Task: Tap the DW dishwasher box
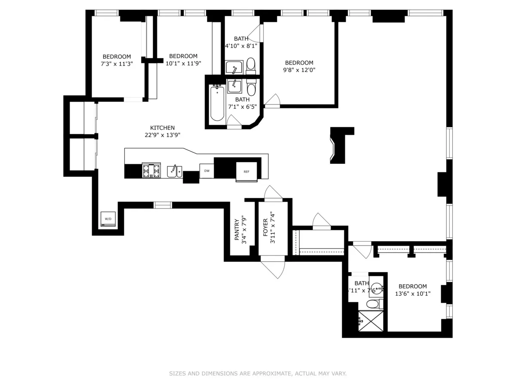coord(207,171)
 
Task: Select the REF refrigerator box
coord(246,172)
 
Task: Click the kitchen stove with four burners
coord(151,170)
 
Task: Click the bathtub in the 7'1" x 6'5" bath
coord(217,103)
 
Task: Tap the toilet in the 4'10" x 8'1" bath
coord(251,65)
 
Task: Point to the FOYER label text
coord(265,228)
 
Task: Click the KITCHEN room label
coord(162,128)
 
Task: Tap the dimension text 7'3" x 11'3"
coord(117,64)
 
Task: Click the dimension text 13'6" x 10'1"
coord(412,294)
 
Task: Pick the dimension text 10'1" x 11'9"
coord(183,63)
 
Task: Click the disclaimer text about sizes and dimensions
coord(258,374)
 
